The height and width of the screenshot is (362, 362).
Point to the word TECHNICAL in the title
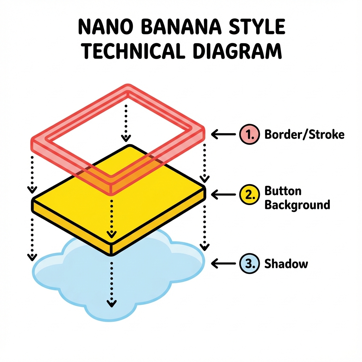click(133, 51)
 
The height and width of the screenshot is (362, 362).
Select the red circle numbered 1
click(249, 134)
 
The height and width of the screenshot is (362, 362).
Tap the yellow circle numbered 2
click(249, 195)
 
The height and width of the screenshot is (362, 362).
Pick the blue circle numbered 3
click(249, 263)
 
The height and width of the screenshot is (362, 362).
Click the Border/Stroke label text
click(304, 134)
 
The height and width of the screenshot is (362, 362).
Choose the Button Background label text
click(297, 198)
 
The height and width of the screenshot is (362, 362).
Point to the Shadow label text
click(286, 263)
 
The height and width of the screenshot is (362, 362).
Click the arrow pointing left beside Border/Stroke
click(223, 134)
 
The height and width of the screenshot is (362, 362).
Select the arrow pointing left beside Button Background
click(223, 194)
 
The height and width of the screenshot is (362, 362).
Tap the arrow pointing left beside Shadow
click(223, 263)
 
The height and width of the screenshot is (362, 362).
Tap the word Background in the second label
click(297, 205)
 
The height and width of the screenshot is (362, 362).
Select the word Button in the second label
click(283, 191)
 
